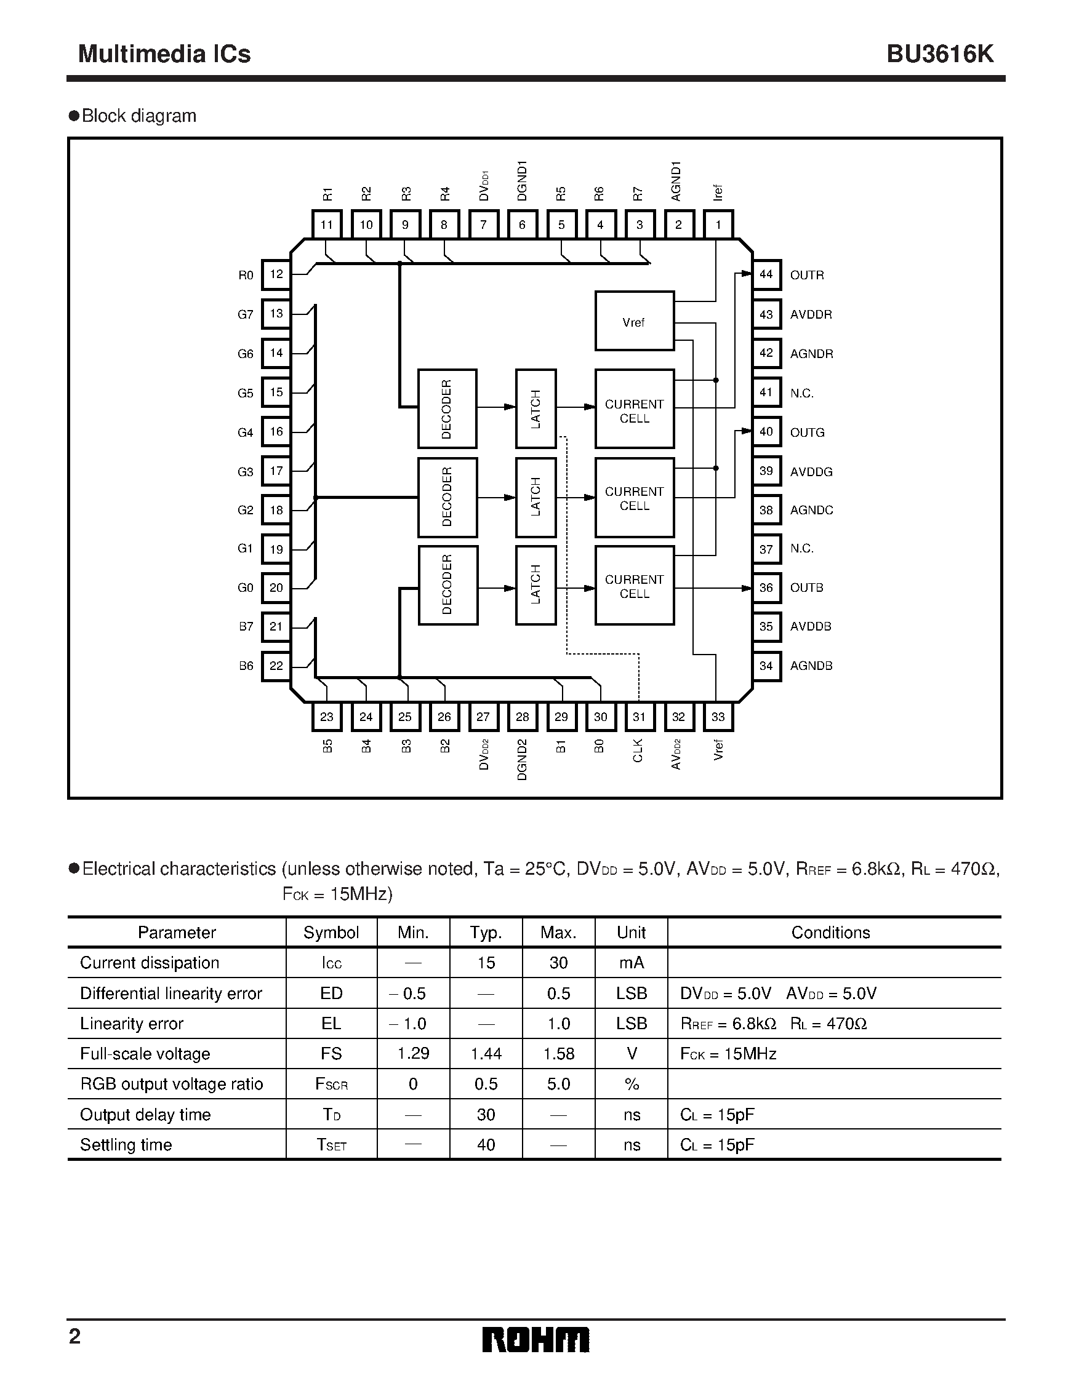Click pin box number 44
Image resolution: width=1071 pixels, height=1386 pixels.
pyautogui.click(x=766, y=274)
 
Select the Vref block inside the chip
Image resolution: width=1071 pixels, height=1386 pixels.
pyautogui.click(x=634, y=321)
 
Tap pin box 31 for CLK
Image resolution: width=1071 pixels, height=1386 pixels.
pyautogui.click(x=640, y=717)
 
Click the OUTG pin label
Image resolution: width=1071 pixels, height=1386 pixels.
pyautogui.click(x=807, y=432)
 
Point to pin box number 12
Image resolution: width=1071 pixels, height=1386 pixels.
pyautogui.click(x=276, y=274)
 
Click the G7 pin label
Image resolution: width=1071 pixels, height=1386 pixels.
pyautogui.click(x=245, y=314)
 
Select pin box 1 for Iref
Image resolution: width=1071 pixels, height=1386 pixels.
pyautogui.click(x=718, y=225)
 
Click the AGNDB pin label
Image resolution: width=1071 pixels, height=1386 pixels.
pyautogui.click(x=811, y=666)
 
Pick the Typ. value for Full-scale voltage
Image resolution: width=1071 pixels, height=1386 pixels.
pyautogui.click(x=486, y=1054)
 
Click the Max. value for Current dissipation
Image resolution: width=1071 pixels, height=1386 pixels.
pyautogui.click(x=558, y=963)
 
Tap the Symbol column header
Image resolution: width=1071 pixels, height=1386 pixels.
pyautogui.click(x=331, y=932)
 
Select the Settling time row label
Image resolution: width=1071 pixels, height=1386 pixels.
pyautogui.click(x=126, y=1145)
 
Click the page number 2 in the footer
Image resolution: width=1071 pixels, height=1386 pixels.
pyautogui.click(x=75, y=1337)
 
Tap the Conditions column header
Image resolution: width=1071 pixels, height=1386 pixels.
pyautogui.click(x=830, y=932)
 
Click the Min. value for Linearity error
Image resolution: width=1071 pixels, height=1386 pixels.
pyautogui.click(x=412, y=1024)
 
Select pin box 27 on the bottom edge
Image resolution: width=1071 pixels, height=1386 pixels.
pyautogui.click(x=483, y=717)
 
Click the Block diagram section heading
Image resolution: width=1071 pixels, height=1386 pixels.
pyautogui.click(x=138, y=116)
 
